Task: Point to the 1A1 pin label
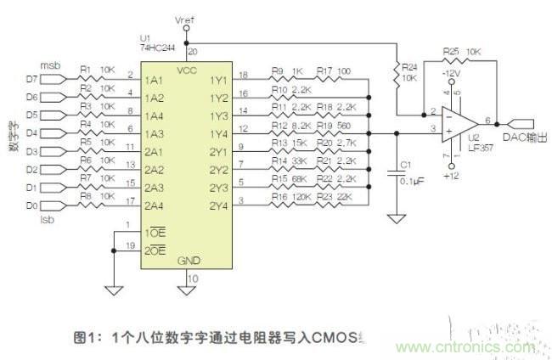155,80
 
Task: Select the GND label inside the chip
189,262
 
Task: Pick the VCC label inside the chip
189,68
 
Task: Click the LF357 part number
487,144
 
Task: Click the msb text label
50,65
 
